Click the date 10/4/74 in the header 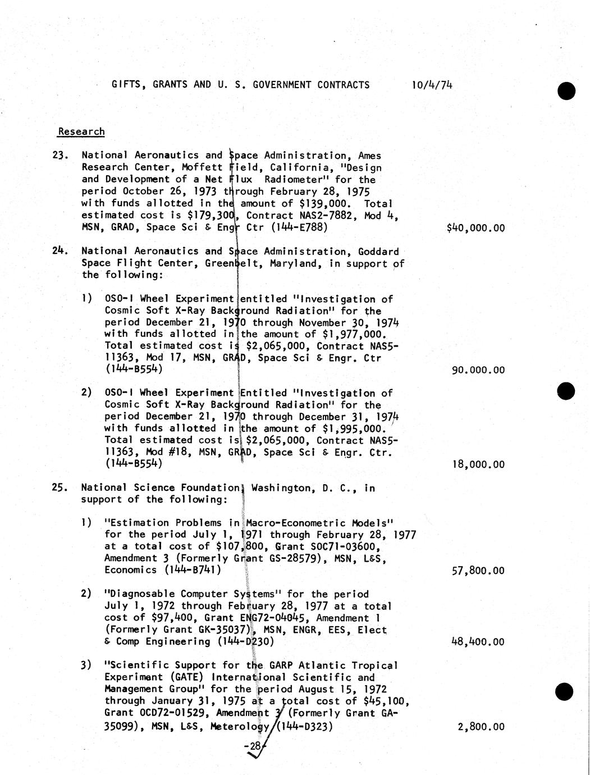[432, 85]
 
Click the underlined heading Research [81, 131]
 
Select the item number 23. [60, 155]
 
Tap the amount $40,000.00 [475, 228]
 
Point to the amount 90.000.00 [478, 370]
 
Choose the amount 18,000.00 [478, 464]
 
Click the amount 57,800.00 [478, 571]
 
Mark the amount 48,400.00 [478, 642]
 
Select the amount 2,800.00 [481, 727]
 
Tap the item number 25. [60, 487]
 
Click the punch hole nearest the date [566, 90]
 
